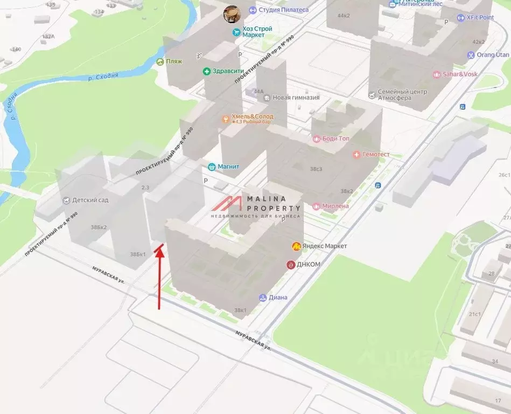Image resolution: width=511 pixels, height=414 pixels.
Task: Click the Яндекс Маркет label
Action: tap(324, 246)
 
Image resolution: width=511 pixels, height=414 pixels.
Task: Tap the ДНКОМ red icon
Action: tap(291, 265)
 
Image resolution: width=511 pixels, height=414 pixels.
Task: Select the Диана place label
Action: tap(278, 298)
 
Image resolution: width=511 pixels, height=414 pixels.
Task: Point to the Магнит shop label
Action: tap(228, 167)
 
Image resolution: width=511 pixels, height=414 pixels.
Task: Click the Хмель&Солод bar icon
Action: tap(226, 119)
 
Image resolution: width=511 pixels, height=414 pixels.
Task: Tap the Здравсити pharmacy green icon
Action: tap(206, 72)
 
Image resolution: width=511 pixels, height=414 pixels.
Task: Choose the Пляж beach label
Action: tap(174, 61)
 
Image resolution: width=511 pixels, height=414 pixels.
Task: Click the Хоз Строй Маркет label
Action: tap(257, 32)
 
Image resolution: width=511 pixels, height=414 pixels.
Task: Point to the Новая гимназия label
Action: tap(296, 98)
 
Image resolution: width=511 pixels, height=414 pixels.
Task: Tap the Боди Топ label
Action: tap(335, 139)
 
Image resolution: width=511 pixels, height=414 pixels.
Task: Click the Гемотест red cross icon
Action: tap(356, 155)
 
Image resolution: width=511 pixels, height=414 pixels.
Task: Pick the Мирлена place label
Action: tap(334, 206)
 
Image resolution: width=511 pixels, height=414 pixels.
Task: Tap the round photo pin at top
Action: tap(232, 13)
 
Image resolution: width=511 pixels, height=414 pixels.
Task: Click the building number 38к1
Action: tap(240, 310)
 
